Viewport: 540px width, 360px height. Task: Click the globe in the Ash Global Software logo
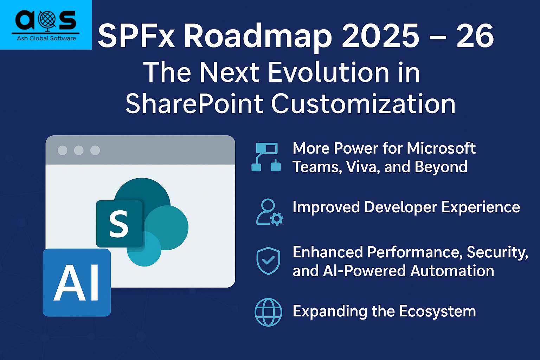coord(47,20)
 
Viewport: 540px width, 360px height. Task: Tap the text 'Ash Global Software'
coord(46,38)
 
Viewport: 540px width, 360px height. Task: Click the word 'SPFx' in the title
coord(136,37)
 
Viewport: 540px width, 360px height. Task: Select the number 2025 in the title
coord(381,36)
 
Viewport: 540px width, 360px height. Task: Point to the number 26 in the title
coord(475,36)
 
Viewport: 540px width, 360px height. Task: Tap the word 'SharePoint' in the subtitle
coord(194,104)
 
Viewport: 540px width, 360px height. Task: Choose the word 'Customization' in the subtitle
coord(363,104)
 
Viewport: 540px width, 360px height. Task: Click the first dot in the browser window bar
coord(63,150)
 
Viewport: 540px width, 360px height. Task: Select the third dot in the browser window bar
coord(95,150)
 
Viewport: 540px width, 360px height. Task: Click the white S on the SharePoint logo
coord(118,224)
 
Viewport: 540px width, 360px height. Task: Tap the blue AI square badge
coord(77,283)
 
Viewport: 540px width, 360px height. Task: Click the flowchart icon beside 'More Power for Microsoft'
coord(266,157)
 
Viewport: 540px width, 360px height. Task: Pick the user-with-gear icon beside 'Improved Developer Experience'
coord(270,212)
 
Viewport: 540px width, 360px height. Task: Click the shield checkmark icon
coord(268,261)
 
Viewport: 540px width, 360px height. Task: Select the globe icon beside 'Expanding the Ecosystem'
coord(268,312)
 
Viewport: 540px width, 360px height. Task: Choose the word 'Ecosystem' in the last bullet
coord(438,311)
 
